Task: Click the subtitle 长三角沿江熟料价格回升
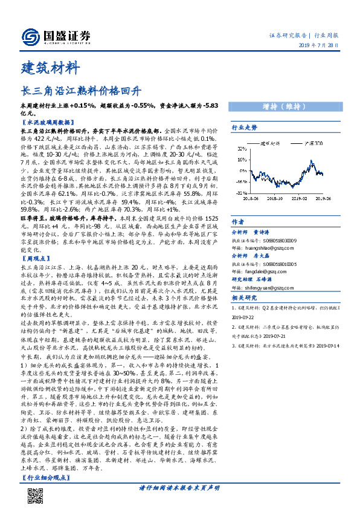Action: pyautogui.click(x=82, y=92)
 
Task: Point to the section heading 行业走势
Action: pyautogui.click(x=245, y=128)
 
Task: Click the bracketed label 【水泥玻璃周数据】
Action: pyautogui.click(x=46, y=122)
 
